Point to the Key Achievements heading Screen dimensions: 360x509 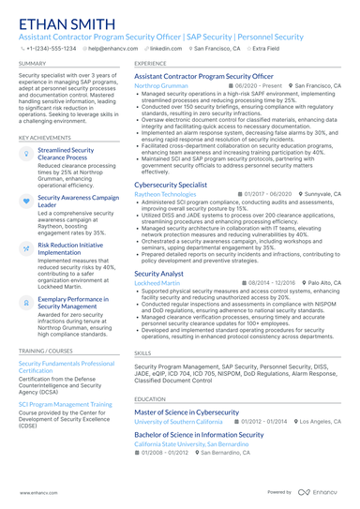coord(44,137)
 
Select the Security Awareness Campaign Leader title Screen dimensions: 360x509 coord(79,202)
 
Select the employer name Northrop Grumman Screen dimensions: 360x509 coord(161,85)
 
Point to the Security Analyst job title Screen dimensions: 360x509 coord(159,273)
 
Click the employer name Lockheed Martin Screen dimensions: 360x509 coord(157,282)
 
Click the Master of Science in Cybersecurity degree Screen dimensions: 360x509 coord(187,412)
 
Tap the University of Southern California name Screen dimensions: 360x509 coord(179,422)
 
